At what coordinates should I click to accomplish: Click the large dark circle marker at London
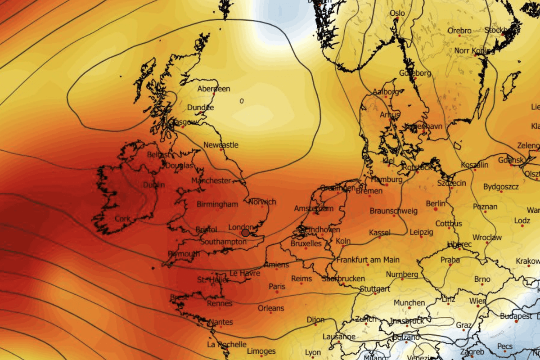tap(245, 233)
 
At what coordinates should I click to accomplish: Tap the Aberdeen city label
tap(214, 89)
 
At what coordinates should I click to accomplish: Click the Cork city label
tap(122, 219)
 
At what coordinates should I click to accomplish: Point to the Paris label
tap(277, 287)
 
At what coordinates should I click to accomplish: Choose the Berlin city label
tap(435, 204)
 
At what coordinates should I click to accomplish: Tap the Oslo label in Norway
tap(397, 13)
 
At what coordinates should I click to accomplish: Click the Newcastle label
tap(221, 145)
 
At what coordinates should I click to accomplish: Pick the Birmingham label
tap(217, 204)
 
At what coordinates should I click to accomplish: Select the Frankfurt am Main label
tap(368, 260)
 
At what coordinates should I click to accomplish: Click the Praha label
tap(450, 260)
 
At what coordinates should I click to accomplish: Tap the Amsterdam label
tap(314, 209)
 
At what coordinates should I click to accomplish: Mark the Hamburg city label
tap(387, 180)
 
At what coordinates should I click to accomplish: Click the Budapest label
tap(516, 316)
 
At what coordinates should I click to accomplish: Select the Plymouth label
tap(184, 254)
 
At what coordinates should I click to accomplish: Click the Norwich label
tap(262, 202)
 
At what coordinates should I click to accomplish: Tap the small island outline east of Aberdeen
tap(242, 101)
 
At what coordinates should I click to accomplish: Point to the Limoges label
tap(261, 351)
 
